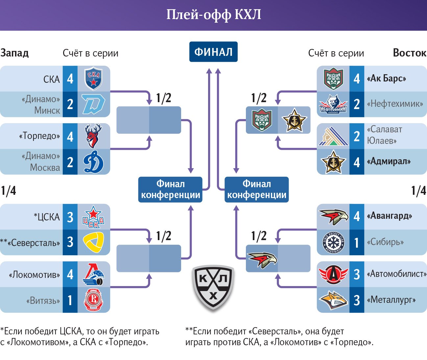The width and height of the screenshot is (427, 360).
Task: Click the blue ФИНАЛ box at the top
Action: tap(213, 52)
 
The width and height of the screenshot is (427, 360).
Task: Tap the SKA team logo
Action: tap(93, 79)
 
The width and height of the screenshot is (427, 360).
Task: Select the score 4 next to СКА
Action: tap(70, 79)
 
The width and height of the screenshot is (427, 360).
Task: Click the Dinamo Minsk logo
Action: tap(93, 104)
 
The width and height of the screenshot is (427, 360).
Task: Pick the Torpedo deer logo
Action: tap(93, 136)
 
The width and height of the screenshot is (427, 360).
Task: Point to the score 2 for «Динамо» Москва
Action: tap(70, 162)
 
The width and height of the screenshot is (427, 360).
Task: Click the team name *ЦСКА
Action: tap(47, 217)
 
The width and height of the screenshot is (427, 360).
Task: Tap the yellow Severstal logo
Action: tap(93, 242)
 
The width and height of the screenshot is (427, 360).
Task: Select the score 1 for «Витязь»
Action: tap(70, 300)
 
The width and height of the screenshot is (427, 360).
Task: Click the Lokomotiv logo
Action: tap(93, 274)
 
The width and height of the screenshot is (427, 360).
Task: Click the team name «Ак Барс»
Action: tap(387, 79)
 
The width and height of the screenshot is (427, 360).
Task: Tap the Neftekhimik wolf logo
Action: tap(333, 104)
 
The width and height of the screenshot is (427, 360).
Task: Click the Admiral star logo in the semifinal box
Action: tap(294, 120)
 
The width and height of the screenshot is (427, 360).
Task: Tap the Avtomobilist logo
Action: tap(333, 274)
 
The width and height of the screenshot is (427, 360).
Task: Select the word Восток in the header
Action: tap(410, 53)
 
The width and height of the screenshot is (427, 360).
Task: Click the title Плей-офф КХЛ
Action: tap(214, 15)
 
